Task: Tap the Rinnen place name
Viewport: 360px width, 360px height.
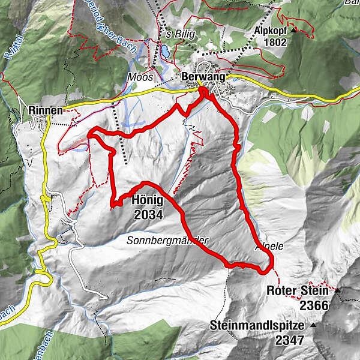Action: coord(46,109)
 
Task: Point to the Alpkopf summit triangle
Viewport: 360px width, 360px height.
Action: coord(294,30)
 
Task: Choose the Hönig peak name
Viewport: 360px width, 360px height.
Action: coord(145,202)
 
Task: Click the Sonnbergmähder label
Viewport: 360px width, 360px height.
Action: coord(167,240)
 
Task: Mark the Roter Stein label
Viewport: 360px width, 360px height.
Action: coord(298,291)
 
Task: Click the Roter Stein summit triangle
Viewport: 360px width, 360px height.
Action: coord(337,291)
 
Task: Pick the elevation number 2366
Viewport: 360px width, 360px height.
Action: coord(315,305)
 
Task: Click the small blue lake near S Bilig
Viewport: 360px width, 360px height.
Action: coord(164,51)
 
